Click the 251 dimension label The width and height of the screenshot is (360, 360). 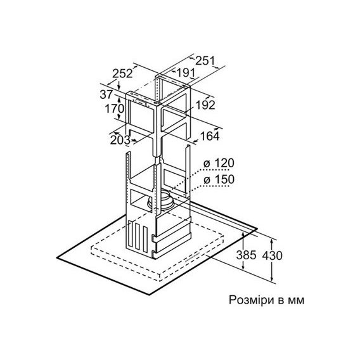coord(205,61)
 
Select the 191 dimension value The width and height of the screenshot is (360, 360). coord(186,73)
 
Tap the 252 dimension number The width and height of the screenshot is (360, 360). coord(122,74)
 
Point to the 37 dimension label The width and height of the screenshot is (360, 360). coord(106,94)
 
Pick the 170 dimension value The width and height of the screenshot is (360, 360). coord(115,108)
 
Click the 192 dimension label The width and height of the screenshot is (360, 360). coord(205,105)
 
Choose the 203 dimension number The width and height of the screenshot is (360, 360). coord(120,140)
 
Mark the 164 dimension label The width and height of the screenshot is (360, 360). coord(210,136)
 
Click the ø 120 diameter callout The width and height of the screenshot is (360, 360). coord(219,164)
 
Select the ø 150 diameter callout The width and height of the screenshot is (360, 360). coord(219,179)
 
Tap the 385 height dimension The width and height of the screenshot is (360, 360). coord(246,255)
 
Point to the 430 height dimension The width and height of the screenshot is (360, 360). coord(273,255)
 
